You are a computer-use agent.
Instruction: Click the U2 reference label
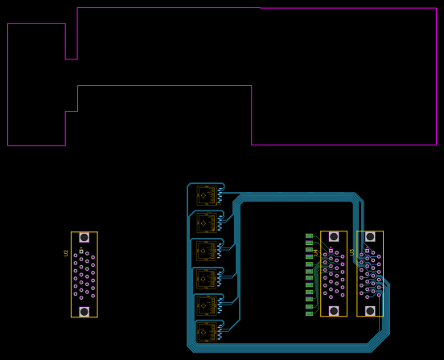[x=66, y=253]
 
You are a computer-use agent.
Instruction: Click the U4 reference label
[x=316, y=252]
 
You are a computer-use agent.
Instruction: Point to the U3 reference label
[x=351, y=252]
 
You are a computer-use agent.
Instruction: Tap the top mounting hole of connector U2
[x=84, y=238]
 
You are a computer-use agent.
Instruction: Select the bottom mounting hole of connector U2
[x=84, y=311]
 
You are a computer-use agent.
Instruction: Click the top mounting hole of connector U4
[x=334, y=237]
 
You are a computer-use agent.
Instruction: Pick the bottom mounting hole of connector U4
[x=334, y=310]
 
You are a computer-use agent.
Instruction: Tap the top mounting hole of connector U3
[x=370, y=237]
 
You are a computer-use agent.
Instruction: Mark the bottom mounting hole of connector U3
[x=370, y=310]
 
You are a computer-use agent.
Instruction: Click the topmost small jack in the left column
[x=206, y=195]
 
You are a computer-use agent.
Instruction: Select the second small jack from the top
[x=206, y=223]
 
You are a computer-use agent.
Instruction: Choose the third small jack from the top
[x=206, y=251]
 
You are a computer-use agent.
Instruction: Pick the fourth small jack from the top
[x=206, y=278]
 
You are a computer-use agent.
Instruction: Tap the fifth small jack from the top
[x=206, y=305]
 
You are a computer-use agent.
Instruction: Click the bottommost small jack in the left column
[x=206, y=332]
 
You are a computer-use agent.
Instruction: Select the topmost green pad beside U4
[x=309, y=235]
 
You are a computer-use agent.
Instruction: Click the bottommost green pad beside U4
[x=309, y=313]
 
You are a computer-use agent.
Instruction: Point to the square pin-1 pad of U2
[x=81, y=252]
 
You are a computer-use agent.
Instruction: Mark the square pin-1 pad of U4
[x=331, y=251]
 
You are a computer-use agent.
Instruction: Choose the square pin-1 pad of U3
[x=368, y=251]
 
